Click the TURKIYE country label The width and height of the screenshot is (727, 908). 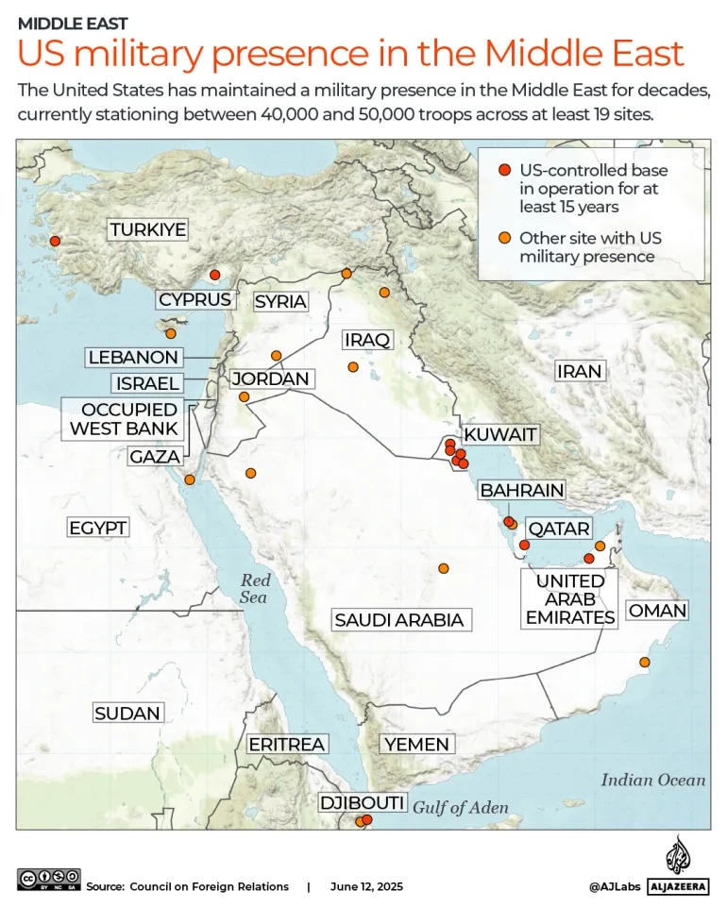147,229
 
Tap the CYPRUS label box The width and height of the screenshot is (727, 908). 194,299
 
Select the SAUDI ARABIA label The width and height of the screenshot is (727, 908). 399,620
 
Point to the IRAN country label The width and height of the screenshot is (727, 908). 579,371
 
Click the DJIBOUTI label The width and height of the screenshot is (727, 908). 363,803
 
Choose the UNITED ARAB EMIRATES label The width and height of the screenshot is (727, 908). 570,598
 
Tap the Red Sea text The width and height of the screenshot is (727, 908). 254,589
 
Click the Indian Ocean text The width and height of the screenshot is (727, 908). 652,780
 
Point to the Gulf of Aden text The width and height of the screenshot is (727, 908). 461,808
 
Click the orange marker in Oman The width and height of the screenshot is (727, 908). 645,663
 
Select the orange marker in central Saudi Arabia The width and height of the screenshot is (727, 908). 443,568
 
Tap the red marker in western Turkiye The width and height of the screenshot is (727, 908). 55,241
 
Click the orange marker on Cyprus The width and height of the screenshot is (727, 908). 171,333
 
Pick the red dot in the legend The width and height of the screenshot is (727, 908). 504,170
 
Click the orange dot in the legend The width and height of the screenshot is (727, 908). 504,238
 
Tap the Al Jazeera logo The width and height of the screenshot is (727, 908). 677,866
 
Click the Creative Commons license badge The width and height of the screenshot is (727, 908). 49,879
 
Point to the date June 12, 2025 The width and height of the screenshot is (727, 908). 366,886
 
